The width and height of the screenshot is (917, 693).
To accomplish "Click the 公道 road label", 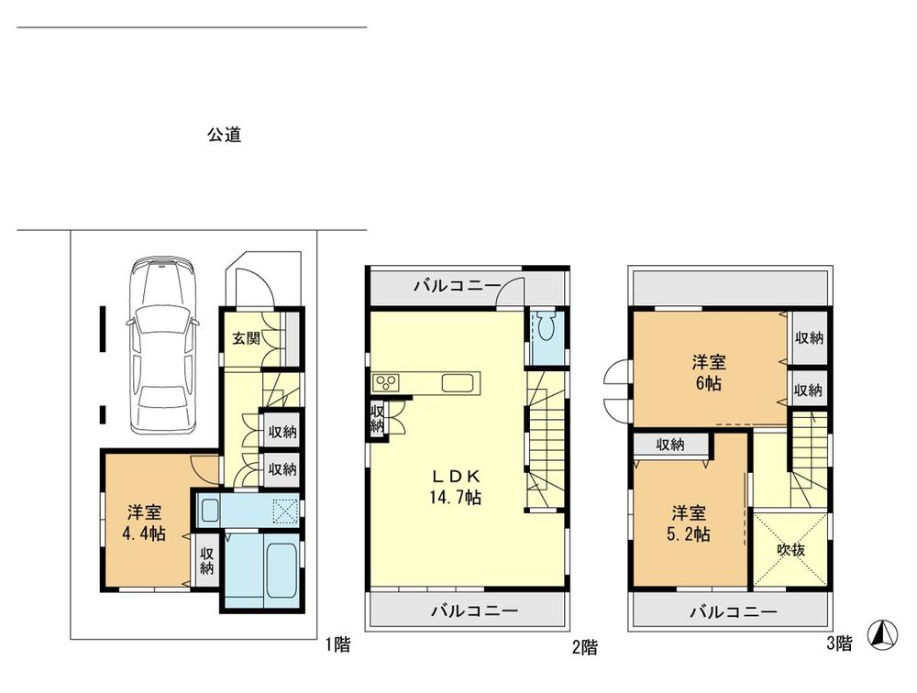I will pyautogui.click(x=224, y=135).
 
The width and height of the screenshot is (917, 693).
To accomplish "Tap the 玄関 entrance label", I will pyautogui.click(x=245, y=337).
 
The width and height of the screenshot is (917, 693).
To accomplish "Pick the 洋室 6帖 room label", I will pyautogui.click(x=707, y=373).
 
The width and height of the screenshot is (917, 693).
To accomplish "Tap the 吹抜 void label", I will pyautogui.click(x=790, y=550).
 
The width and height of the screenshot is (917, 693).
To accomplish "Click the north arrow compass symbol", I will pyautogui.click(x=882, y=633).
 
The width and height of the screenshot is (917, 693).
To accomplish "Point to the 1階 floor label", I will pyautogui.click(x=337, y=644).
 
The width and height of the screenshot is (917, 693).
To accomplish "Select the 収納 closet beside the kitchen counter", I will pyautogui.click(x=377, y=419).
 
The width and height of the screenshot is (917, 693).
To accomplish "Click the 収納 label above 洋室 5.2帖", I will pyautogui.click(x=670, y=445).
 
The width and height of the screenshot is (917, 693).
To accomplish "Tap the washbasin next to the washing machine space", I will pyautogui.click(x=210, y=509).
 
